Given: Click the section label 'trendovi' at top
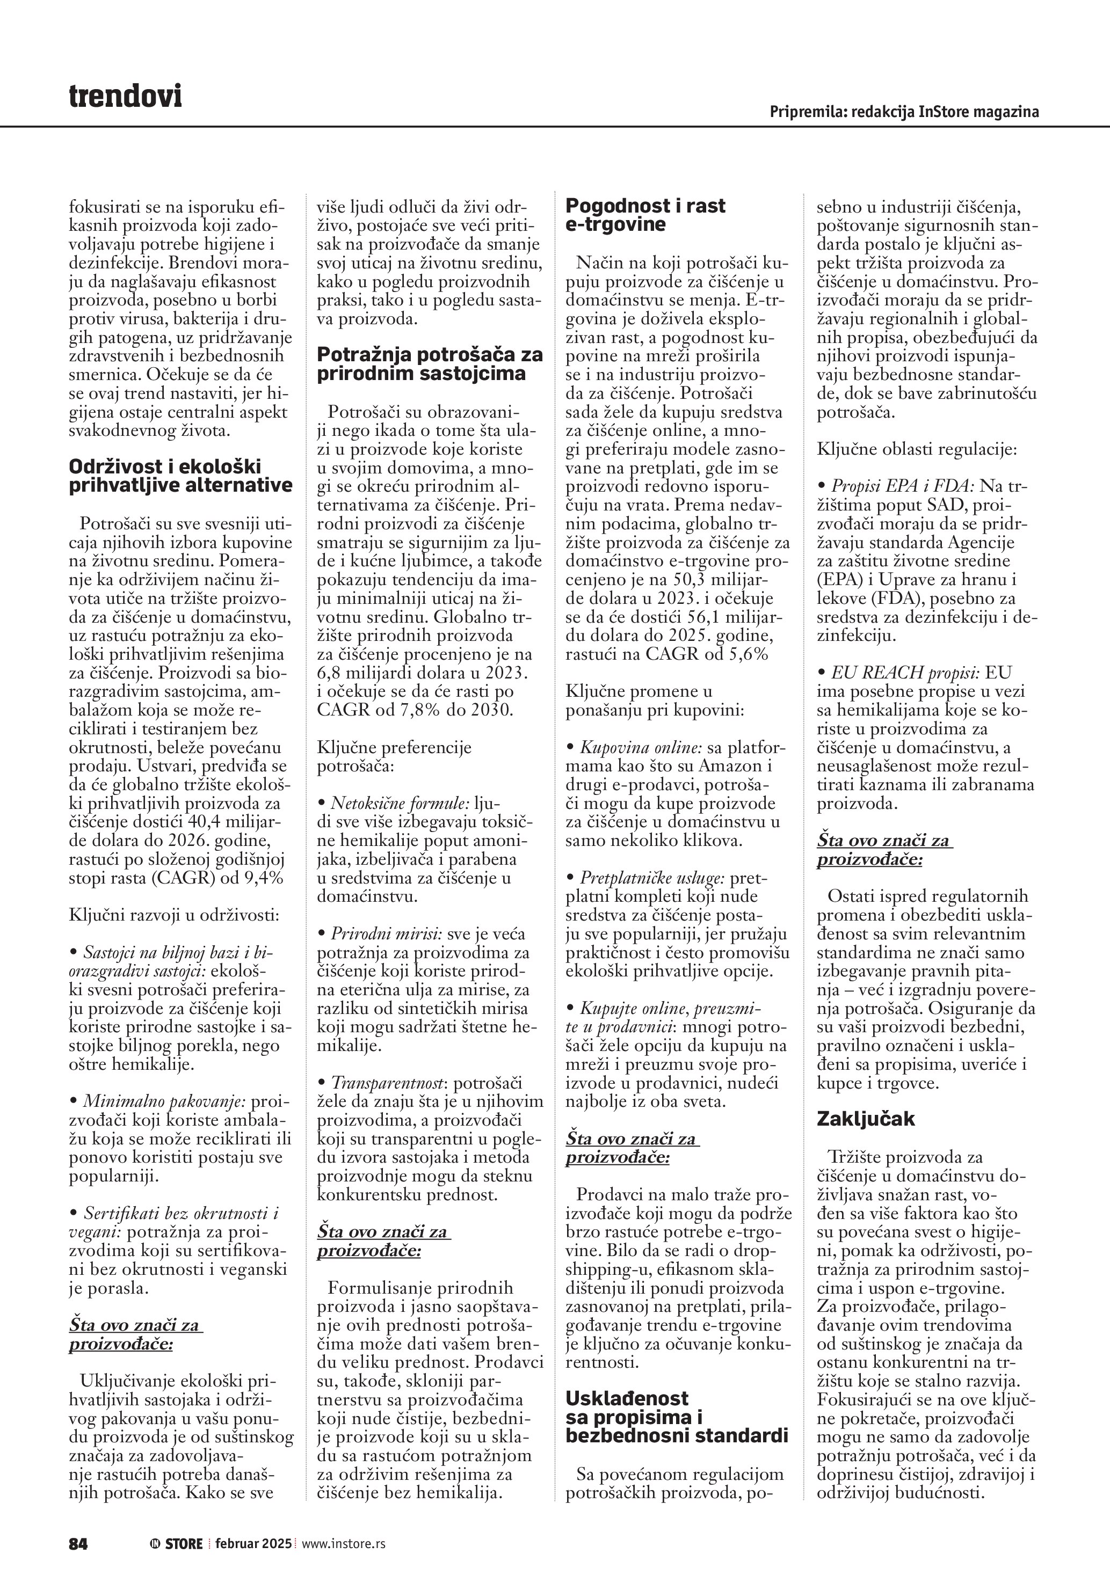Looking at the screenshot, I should [125, 97].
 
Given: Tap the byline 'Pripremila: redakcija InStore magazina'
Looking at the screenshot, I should [904, 112].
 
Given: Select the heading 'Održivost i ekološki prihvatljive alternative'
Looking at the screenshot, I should [180, 476].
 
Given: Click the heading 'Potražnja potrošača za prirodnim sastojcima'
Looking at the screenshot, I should [430, 363].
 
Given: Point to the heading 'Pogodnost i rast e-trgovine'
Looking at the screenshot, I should [645, 215].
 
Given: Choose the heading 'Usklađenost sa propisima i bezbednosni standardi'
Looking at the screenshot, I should [677, 1417].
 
